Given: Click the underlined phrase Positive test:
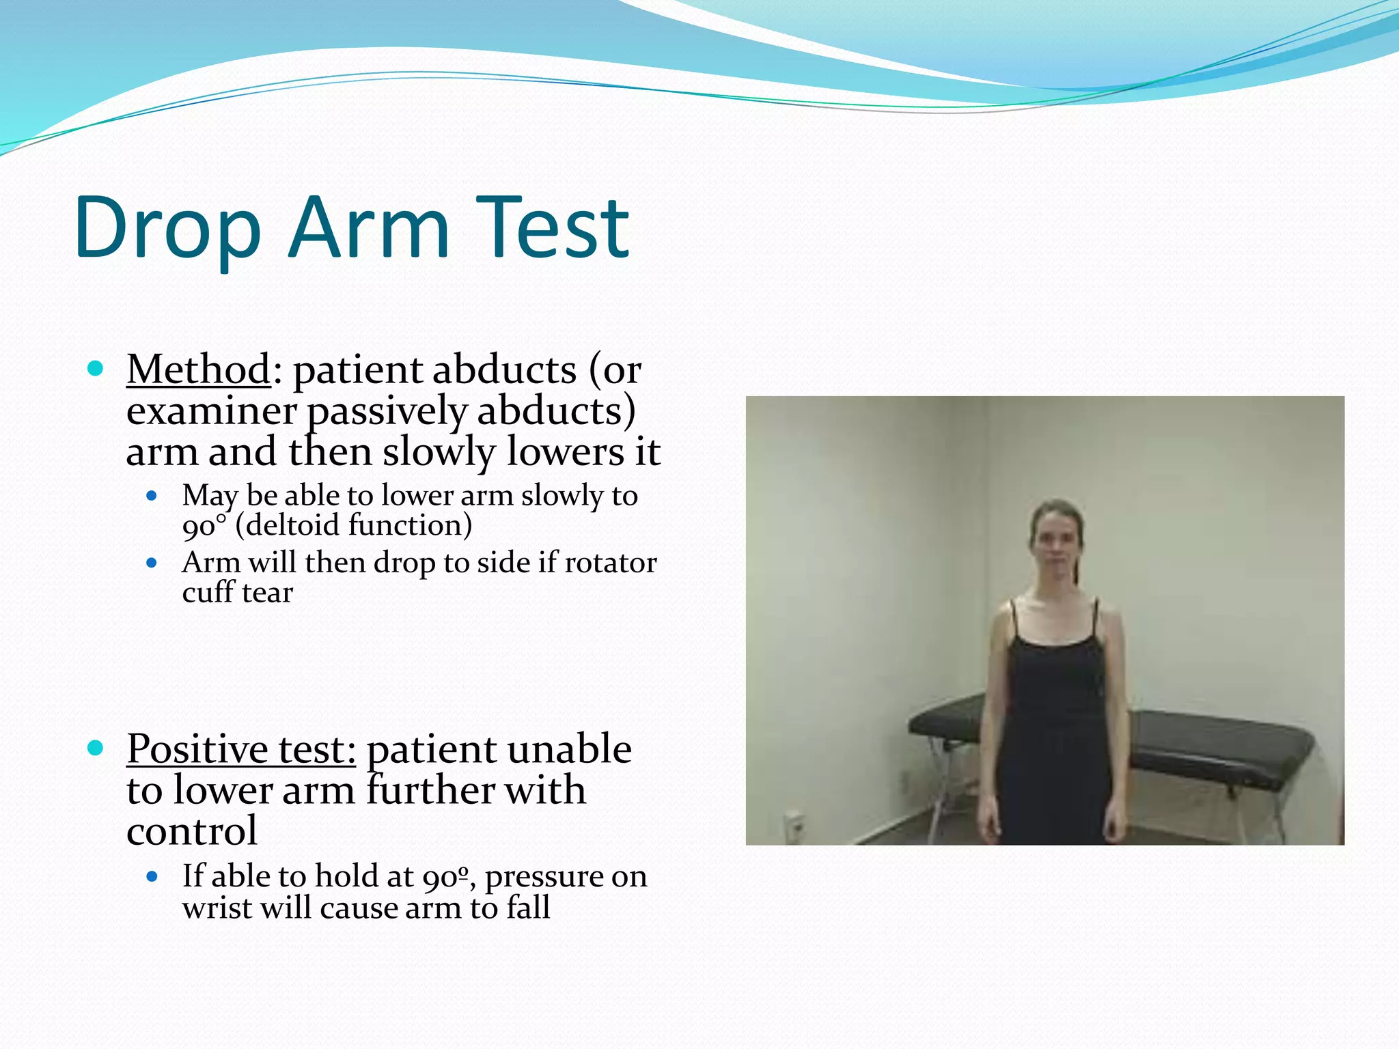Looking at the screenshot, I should [x=241, y=749].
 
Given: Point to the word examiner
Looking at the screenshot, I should [x=211, y=411].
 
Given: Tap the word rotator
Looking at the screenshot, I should [x=610, y=563].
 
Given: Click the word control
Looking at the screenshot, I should [x=192, y=831].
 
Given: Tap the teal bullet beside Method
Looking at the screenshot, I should [x=96, y=369].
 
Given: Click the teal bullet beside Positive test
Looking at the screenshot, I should [x=96, y=749].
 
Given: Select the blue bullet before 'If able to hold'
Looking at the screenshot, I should [x=152, y=876].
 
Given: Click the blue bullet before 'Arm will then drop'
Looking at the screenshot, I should [x=152, y=563].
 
